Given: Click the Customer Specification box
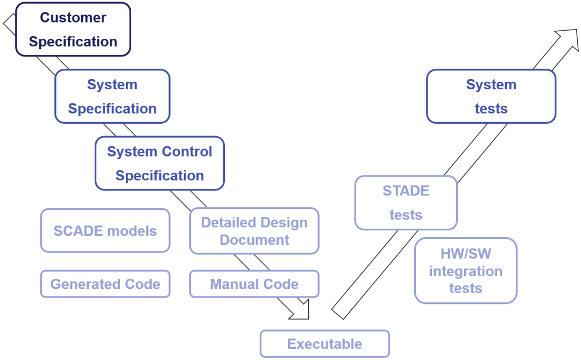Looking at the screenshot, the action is pos(73,29).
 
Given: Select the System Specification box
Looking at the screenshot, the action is pos(112,96).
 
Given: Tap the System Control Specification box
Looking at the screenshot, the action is pos(160,164).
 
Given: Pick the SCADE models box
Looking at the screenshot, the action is pos(105,231).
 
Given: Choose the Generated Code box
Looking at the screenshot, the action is pos(105,284).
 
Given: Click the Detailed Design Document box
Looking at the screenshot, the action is pos(254,231).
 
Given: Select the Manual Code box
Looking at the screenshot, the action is pos(254,284).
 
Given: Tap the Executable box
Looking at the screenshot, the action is pos(324,344).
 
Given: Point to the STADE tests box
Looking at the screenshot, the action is pos(406,203).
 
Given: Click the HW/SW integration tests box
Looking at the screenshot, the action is pos(466,271).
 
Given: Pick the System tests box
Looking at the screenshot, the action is pos(491,96).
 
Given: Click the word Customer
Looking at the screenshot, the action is pos(73,17).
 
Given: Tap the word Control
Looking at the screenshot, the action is pos(187,151).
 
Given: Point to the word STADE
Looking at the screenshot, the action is pos(406,190).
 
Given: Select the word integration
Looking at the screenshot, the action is pos(466,271).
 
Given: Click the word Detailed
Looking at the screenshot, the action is pos(225,222).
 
